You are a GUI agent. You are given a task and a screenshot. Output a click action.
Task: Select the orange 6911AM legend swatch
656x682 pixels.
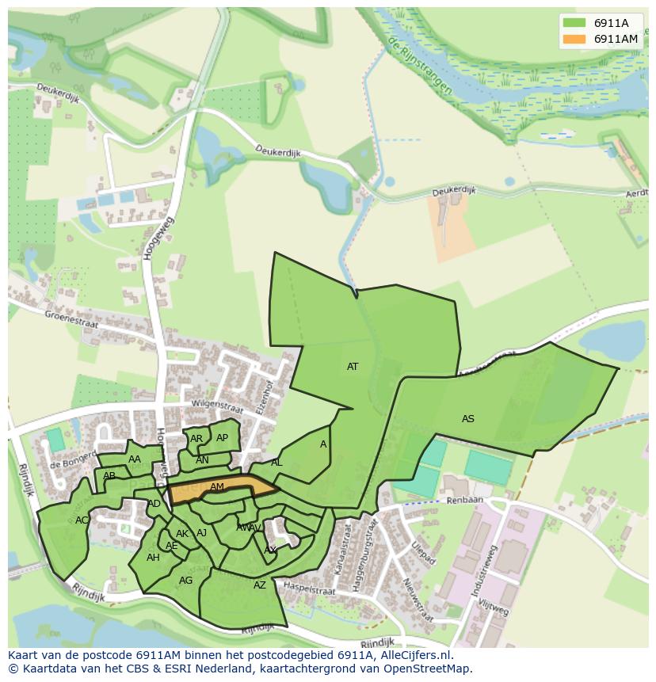(574, 39)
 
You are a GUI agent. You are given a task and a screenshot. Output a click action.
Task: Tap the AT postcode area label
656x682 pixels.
(353, 367)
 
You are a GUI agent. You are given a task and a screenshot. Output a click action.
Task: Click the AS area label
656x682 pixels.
(468, 418)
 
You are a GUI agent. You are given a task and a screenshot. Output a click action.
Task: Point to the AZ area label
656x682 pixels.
(260, 585)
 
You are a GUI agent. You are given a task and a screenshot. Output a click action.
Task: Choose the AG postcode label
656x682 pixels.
(185, 581)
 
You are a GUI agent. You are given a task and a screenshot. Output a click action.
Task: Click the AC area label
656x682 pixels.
(82, 520)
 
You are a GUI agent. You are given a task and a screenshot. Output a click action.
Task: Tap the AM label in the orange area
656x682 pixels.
(217, 487)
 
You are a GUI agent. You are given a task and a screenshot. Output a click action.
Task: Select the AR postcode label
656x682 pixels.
(196, 439)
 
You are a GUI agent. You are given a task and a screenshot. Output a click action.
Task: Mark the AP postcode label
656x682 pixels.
(222, 438)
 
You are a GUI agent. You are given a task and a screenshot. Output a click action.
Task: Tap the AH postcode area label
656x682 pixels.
(153, 558)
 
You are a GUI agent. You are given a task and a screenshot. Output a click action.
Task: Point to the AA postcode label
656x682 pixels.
(135, 459)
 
